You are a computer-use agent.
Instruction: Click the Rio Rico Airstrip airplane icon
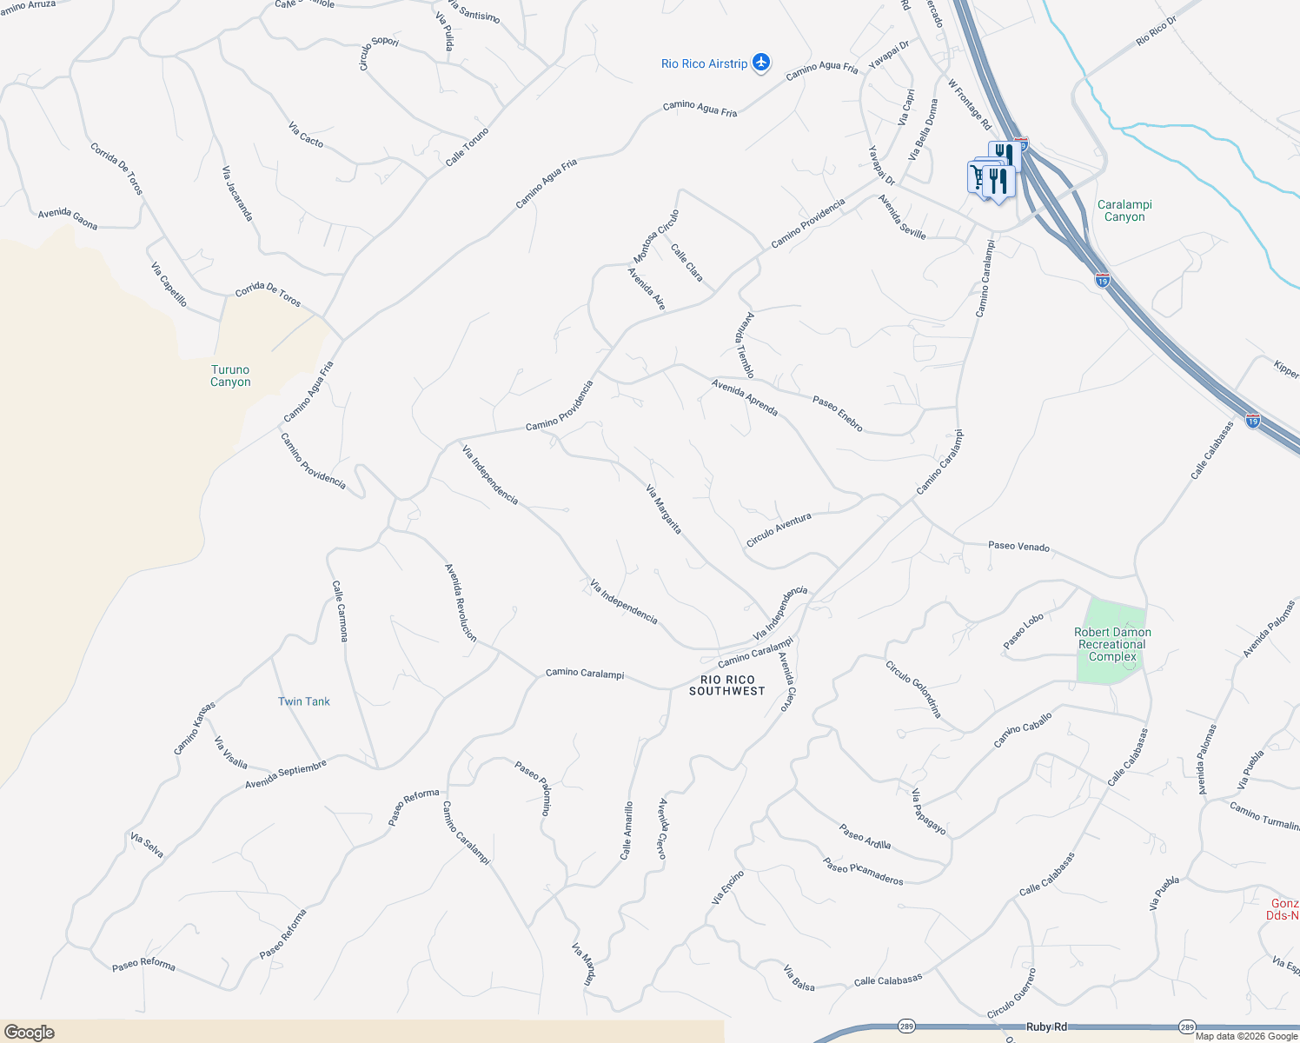761,63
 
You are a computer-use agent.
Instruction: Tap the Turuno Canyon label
230,375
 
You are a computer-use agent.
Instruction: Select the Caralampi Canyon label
1124,211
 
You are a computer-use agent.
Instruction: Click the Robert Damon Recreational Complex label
1112,644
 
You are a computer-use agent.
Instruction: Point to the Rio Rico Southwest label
726,685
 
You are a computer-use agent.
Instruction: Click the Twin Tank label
303,701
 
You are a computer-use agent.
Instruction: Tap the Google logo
29,1032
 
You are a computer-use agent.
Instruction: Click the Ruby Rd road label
1046,1026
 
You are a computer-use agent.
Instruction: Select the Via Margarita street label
663,509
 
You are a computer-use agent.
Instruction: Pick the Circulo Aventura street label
779,529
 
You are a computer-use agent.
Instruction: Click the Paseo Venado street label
1018,547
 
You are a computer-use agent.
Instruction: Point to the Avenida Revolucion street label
461,602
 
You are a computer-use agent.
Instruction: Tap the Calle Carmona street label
340,611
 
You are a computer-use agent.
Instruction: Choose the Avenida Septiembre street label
285,774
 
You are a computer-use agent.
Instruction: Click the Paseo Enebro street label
838,413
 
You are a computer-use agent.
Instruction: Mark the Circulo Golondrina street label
913,689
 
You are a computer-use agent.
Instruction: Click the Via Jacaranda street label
237,193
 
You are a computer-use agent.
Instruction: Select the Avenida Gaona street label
68,219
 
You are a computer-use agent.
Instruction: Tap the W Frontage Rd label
969,105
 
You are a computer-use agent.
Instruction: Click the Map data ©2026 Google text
1246,1036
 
